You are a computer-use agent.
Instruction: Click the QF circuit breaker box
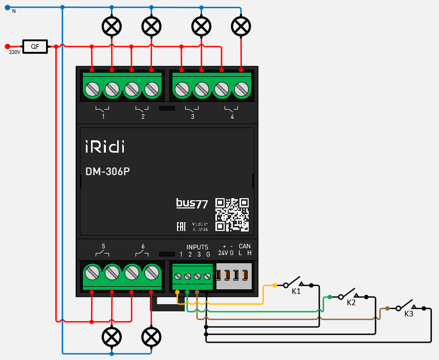pyautogui.click(x=35, y=47)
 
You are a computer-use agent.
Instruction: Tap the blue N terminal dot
pyautogui.click(x=7, y=7)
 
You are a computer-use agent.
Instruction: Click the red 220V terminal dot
pyautogui.click(x=7, y=46)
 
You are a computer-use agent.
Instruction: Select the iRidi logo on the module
pyautogui.click(x=104, y=147)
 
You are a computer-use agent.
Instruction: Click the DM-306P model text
pyautogui.click(x=107, y=172)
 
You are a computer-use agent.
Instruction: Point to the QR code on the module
pyautogui.click(x=232, y=215)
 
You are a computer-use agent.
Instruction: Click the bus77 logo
pyautogui.click(x=192, y=203)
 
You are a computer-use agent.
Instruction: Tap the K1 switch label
pyautogui.click(x=296, y=291)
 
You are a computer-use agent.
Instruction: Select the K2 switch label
pyautogui.click(x=351, y=303)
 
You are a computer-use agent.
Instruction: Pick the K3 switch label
pyautogui.click(x=408, y=314)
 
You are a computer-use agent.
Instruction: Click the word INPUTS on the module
pyautogui.click(x=197, y=247)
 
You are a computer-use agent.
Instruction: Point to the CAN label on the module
pyautogui.click(x=245, y=246)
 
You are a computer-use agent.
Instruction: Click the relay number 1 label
pyautogui.click(x=103, y=117)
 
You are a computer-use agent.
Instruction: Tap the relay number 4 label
pyautogui.click(x=232, y=117)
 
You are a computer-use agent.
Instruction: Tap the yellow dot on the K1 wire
pyautogui.click(x=275, y=285)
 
